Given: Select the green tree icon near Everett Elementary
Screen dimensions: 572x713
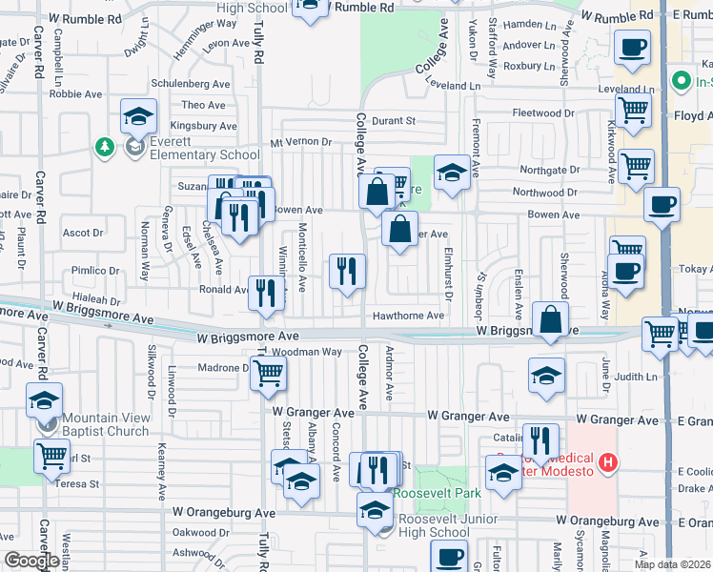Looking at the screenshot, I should point(104,148).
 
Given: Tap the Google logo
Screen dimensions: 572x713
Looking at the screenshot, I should point(31,562).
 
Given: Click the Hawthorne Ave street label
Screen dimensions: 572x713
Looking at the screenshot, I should point(408,316).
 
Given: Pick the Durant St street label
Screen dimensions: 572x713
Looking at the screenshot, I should point(394,121).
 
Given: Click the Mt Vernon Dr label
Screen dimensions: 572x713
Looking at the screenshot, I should point(300,142).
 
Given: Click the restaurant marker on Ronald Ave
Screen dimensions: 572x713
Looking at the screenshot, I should point(266,292).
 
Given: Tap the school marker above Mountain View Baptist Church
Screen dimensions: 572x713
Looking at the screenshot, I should point(44,400).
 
